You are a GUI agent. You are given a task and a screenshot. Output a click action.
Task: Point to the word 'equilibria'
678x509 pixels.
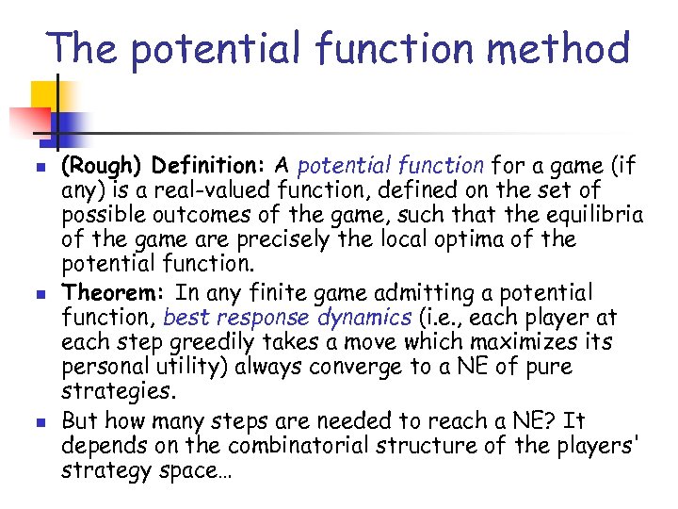tap(594, 215)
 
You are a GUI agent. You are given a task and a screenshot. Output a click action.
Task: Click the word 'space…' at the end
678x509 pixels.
tap(190, 468)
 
